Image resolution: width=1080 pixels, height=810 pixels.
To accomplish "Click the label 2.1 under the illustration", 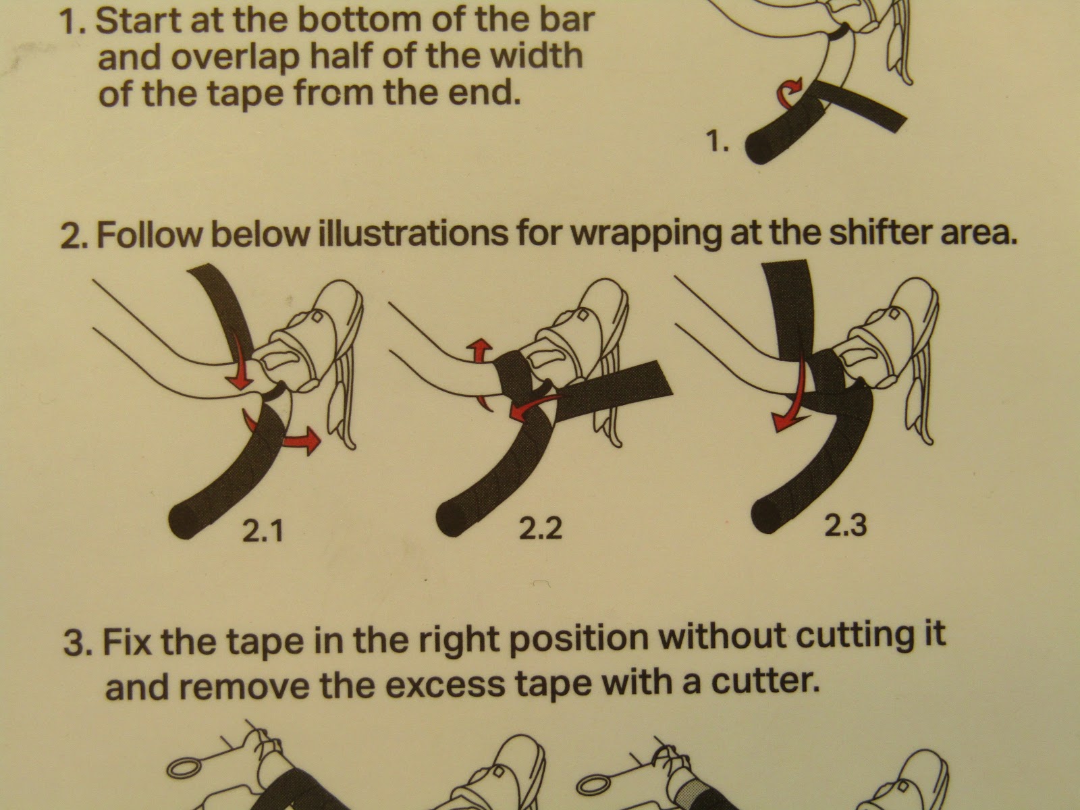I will click(262, 533).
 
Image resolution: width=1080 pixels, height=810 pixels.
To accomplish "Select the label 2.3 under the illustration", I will click(845, 524).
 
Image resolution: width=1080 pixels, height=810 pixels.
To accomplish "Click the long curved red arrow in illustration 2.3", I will click(789, 391).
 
